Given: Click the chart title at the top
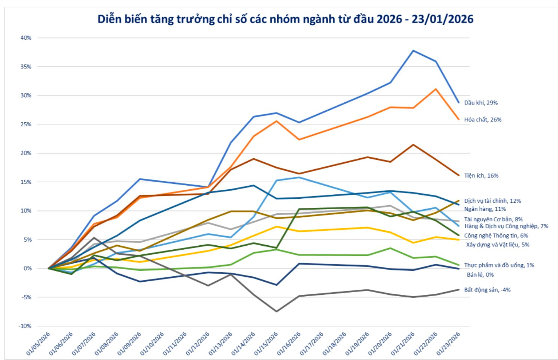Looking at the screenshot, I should [x=285, y=19].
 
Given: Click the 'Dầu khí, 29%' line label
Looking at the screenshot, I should [x=481, y=102].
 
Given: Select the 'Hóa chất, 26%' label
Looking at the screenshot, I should [x=483, y=120].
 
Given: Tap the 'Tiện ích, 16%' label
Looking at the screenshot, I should [x=481, y=175].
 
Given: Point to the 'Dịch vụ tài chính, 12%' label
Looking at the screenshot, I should [x=492, y=201].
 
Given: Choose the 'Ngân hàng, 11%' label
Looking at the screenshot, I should [x=485, y=209].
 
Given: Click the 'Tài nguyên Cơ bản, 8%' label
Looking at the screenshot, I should [x=493, y=219].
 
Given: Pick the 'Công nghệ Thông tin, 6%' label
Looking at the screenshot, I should [x=496, y=235].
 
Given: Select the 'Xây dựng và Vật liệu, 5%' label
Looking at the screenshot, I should [x=498, y=244].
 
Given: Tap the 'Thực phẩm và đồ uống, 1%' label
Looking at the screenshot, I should [x=499, y=265].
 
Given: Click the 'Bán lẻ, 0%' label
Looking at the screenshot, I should [x=480, y=274].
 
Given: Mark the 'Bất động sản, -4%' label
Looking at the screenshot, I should [x=487, y=289].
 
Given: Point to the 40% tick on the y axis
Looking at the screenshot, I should [x=26, y=38].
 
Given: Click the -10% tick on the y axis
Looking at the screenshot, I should [x=25, y=326].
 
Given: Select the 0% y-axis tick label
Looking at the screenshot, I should [x=28, y=268].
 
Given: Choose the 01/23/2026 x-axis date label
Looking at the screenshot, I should [x=448, y=343].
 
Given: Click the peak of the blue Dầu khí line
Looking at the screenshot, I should [x=413, y=51].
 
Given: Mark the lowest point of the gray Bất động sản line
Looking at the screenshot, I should [x=277, y=311].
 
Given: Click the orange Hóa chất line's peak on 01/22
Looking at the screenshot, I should [x=436, y=89].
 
